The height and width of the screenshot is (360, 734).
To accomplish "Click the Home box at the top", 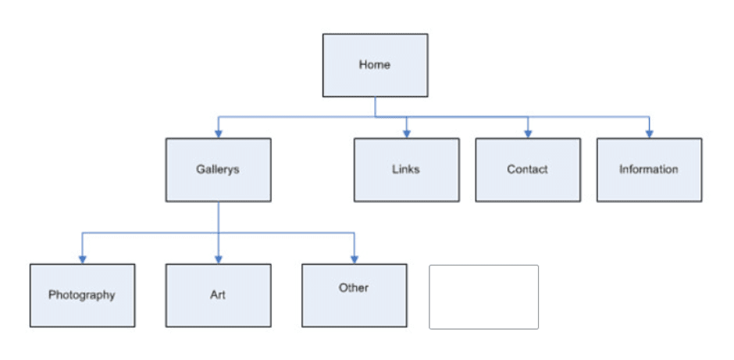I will [375, 66].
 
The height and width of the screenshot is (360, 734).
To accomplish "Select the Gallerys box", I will [218, 170].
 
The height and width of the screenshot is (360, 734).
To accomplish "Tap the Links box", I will [406, 170].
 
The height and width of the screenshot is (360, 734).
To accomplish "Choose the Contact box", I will [527, 170].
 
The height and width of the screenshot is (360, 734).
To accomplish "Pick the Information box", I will [649, 170].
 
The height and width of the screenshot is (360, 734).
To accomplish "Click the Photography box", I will [82, 295].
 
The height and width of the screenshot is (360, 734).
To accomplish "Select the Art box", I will [218, 295].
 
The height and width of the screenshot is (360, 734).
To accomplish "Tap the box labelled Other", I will [354, 295].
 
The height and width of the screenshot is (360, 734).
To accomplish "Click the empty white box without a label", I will [483, 297].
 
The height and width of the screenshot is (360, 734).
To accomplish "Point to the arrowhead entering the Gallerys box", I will [218, 134].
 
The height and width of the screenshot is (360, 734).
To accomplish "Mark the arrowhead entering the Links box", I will [406, 134].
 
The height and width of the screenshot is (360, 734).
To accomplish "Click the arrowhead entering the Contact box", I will [527, 134].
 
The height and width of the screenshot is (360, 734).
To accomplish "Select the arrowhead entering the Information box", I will [649, 134].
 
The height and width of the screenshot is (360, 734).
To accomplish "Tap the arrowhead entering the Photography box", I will [82, 258].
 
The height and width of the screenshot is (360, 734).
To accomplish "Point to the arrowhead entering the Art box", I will [218, 258].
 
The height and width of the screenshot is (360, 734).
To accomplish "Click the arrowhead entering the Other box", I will [354, 258].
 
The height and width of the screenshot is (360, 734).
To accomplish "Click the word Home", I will [375, 65].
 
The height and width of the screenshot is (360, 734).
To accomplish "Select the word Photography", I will [82, 295].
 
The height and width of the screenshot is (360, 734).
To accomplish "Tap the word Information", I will [649, 169].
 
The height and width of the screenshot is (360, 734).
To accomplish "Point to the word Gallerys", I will [218, 169].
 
